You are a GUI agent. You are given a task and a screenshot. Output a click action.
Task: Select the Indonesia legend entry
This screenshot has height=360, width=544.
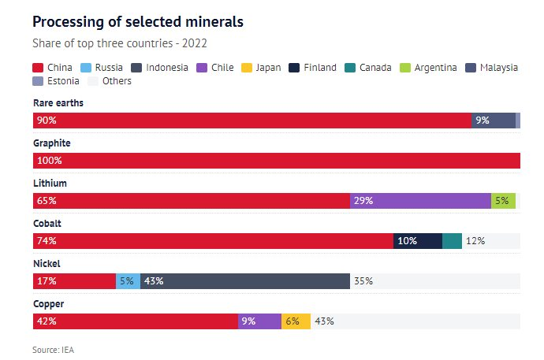point(162,68)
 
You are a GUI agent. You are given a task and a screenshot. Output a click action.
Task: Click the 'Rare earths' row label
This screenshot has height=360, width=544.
point(58,103)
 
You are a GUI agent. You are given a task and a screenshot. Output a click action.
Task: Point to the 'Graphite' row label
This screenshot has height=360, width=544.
point(52,143)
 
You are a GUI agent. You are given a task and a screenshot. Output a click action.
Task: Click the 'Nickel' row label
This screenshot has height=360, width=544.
point(47,264)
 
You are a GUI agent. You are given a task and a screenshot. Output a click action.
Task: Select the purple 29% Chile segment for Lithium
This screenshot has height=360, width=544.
point(419,201)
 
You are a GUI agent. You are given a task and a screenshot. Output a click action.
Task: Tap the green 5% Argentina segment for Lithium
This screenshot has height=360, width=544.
point(503,201)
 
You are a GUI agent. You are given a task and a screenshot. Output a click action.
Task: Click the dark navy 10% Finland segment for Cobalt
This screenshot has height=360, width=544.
point(417,241)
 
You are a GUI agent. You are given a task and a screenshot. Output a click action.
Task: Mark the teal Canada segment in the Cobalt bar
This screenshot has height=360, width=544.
point(452,241)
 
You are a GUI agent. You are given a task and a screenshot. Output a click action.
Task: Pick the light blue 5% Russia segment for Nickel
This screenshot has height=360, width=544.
point(128,280)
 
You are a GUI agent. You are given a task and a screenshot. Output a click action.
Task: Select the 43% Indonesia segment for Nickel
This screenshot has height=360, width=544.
point(244,280)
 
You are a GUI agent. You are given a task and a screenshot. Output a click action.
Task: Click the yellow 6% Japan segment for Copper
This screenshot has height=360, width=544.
point(296,321)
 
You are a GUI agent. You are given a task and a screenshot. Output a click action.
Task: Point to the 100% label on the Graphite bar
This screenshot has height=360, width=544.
point(49,161)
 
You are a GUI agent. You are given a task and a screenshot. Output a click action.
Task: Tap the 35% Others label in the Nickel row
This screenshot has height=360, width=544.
point(363,280)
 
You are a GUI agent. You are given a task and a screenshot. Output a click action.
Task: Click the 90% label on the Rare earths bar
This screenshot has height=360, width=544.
point(47,121)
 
